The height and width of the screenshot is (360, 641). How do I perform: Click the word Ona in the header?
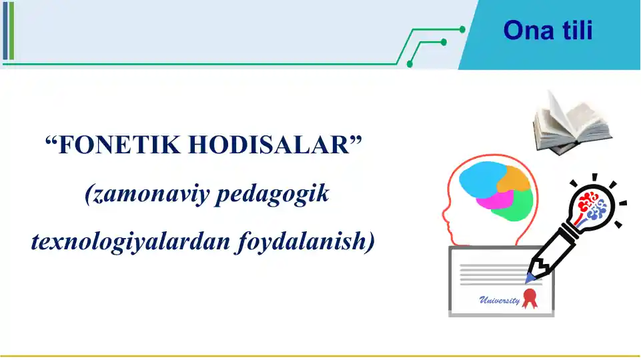[x=525, y=31]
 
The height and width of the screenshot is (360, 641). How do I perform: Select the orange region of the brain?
[x=514, y=179]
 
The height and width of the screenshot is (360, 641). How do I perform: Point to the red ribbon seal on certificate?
[x=530, y=298]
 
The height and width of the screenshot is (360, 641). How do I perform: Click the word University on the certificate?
[x=499, y=301]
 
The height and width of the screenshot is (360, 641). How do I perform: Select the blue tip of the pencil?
[x=531, y=276]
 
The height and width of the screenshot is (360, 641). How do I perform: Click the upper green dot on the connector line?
[x=462, y=29]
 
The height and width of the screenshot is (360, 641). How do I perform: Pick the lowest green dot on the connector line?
[x=410, y=65]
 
